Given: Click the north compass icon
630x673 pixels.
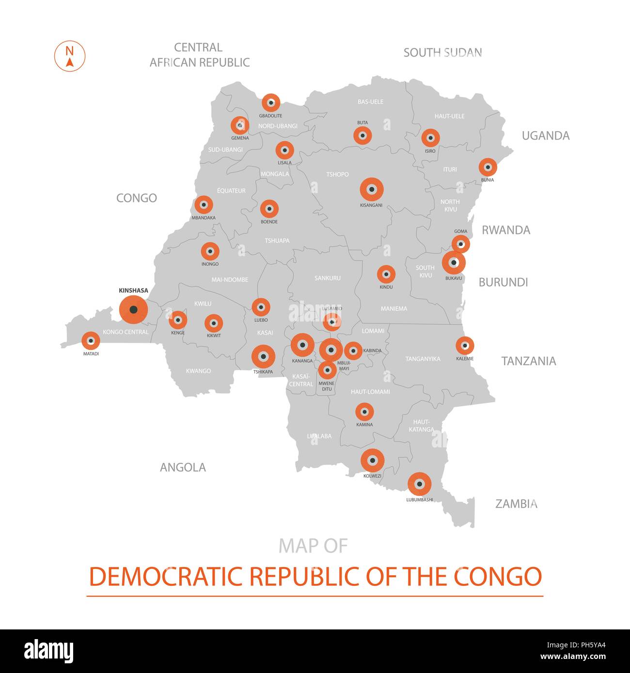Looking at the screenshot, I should coord(70,56).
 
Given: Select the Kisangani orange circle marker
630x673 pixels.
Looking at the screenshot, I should coord(372,189).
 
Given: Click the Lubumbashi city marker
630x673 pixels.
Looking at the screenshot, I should coord(419,484).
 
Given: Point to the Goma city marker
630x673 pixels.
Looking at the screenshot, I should coord(461,244).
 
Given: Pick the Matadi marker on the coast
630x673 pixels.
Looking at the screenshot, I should coord(91,341).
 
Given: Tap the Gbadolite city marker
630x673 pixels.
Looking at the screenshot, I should coord(271,103).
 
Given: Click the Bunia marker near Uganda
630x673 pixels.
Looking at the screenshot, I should coord(488,167).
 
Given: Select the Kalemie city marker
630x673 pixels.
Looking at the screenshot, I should coord(465,346).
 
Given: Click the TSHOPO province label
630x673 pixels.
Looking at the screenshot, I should coord(337,174).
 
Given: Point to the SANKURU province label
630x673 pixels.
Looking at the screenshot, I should coord(328,278).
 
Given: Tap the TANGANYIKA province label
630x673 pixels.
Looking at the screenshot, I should coord(423,359).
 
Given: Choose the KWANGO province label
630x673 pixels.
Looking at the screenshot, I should coord(198,371).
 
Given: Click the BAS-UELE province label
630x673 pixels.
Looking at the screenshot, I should coord(370,102).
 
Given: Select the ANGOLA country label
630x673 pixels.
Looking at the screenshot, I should coord(183,467).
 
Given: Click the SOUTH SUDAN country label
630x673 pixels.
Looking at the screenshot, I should coord(442,52).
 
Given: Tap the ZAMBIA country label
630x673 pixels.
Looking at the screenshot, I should coord(516,504).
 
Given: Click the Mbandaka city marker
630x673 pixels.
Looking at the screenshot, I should coord(204,205).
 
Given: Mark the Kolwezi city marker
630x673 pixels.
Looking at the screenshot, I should coord(372,460).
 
